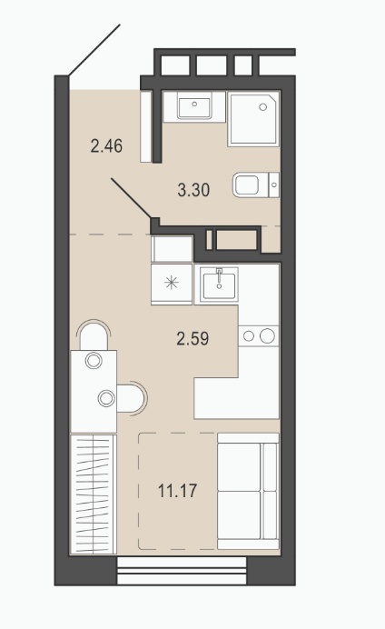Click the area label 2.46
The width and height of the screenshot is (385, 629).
pos(106,145)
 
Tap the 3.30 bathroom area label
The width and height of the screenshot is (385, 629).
pos(193,190)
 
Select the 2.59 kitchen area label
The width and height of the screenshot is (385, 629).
pos(192,338)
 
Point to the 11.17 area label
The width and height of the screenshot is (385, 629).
pos(177,491)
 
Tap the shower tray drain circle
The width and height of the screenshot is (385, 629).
pos(263,107)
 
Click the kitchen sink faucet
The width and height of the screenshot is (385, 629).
pos(219,277)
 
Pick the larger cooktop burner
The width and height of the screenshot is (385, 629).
pos(267,335)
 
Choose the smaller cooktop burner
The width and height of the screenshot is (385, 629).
pos(249,336)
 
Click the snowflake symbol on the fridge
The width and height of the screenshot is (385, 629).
pos(172,284)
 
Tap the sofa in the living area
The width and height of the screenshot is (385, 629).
pos(248,491)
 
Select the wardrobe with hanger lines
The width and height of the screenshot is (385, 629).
pos(94,494)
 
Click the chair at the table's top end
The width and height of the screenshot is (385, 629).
pos(94,335)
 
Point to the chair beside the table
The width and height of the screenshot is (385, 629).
pos(133,397)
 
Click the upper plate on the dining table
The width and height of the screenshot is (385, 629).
pos(94,361)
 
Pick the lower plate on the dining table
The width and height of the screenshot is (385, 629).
pos(106,398)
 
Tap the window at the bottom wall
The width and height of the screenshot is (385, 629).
pos(182,570)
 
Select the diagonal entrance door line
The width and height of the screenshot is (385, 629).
pos(94,50)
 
